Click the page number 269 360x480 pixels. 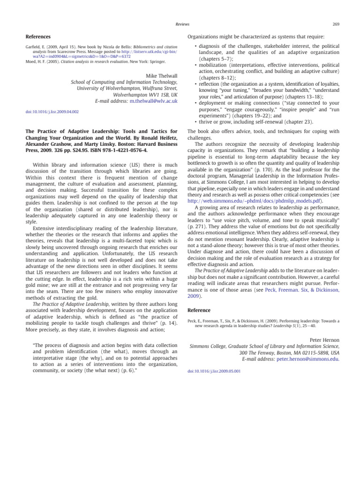(336, 23)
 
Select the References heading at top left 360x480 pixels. (38, 36)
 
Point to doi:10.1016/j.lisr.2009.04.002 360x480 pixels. (52, 112)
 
